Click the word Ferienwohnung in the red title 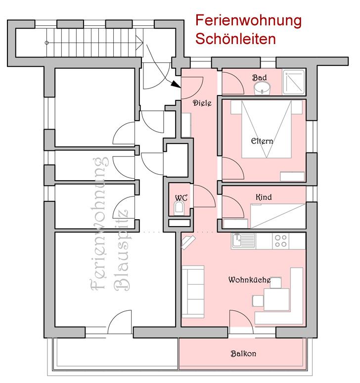(248, 21)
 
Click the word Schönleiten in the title (235, 39)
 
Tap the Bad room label (260, 78)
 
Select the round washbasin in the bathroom (262, 88)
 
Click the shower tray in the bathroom (294, 82)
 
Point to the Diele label (202, 103)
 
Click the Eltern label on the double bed (262, 141)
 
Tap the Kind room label (264, 197)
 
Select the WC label (181, 197)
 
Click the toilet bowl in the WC (179, 208)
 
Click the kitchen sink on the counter (243, 241)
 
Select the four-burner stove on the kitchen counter (281, 241)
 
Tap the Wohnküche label (249, 280)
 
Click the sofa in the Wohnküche (193, 291)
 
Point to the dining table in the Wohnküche (276, 299)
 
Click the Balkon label (243, 353)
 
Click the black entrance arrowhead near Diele (176, 84)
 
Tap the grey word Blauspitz (122, 250)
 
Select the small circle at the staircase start (46, 43)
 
